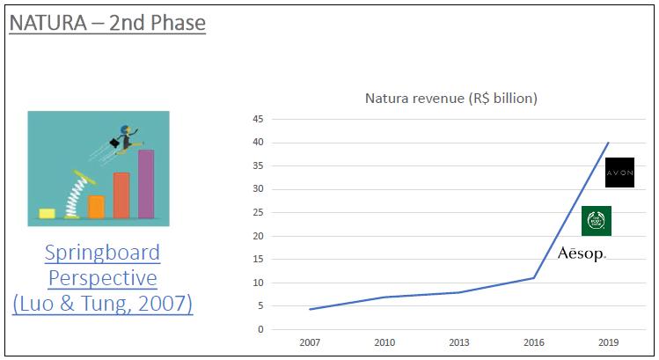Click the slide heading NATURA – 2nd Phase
(x=106, y=21)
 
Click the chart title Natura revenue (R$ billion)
(x=450, y=98)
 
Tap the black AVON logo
(x=619, y=173)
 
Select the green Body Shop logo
(x=597, y=221)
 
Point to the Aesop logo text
(x=582, y=253)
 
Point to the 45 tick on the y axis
(x=258, y=119)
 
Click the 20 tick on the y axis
(x=258, y=236)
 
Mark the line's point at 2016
(x=534, y=278)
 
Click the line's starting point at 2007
(x=311, y=309)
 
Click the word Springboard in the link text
(x=102, y=253)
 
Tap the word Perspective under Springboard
(x=102, y=279)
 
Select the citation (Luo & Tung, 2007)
(x=102, y=305)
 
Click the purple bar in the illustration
(x=146, y=185)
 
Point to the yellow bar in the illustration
(x=47, y=213)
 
